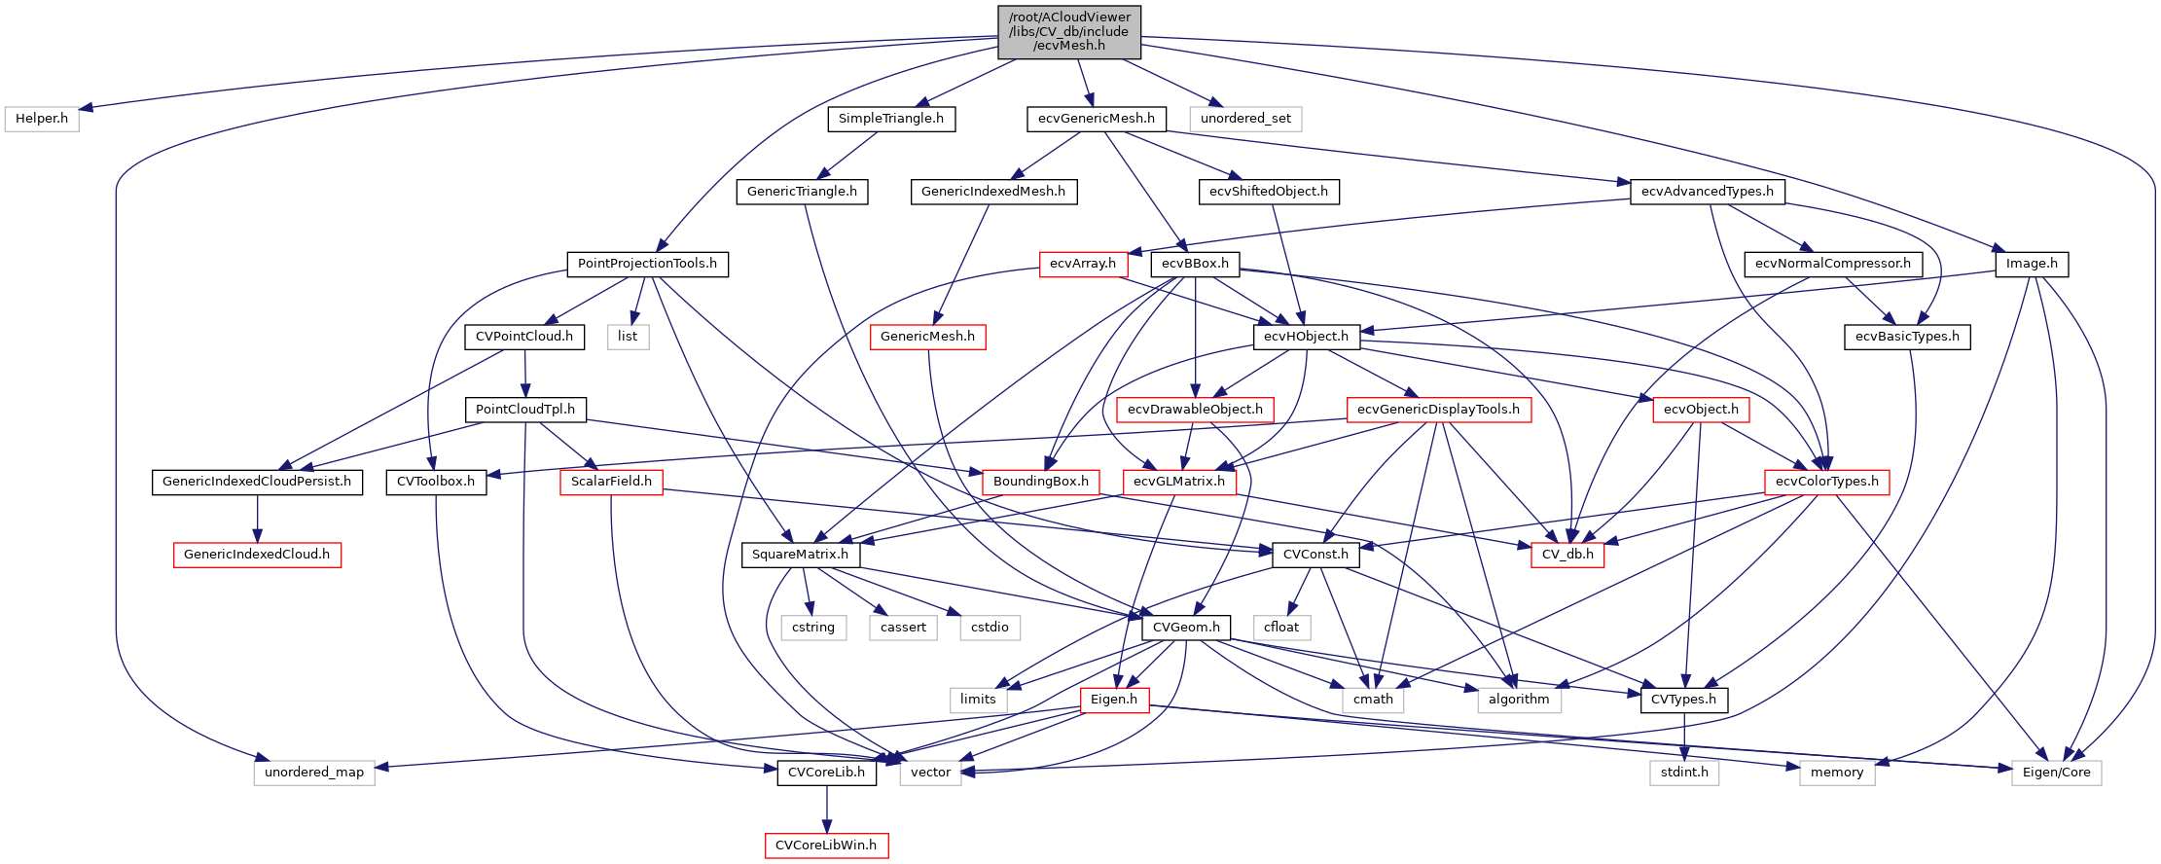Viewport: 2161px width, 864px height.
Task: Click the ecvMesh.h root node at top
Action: (1069, 31)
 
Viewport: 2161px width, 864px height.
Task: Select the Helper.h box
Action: (42, 119)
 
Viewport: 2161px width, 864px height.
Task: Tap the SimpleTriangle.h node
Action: (891, 119)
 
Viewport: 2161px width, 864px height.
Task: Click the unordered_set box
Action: (1245, 119)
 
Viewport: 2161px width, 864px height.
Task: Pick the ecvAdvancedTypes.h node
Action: (1707, 192)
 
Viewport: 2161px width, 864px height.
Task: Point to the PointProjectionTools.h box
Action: (647, 264)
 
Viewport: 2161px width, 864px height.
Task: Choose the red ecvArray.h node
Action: (1083, 264)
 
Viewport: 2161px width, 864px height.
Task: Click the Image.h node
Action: (2032, 264)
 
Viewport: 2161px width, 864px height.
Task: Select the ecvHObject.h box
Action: (1306, 337)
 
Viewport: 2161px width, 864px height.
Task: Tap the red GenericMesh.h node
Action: (927, 337)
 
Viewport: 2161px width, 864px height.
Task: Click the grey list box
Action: (628, 337)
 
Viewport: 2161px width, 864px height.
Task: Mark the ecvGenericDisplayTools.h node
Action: (1438, 410)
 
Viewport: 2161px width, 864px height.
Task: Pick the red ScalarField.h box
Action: (611, 482)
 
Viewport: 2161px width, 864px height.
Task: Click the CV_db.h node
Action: (1567, 555)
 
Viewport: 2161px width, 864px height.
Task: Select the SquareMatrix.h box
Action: (800, 555)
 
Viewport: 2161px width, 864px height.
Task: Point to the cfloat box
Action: (1281, 628)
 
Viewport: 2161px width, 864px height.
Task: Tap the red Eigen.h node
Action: (1114, 700)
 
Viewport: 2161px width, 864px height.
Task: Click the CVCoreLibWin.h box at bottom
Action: (826, 846)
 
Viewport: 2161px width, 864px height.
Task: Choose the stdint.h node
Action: (1684, 773)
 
